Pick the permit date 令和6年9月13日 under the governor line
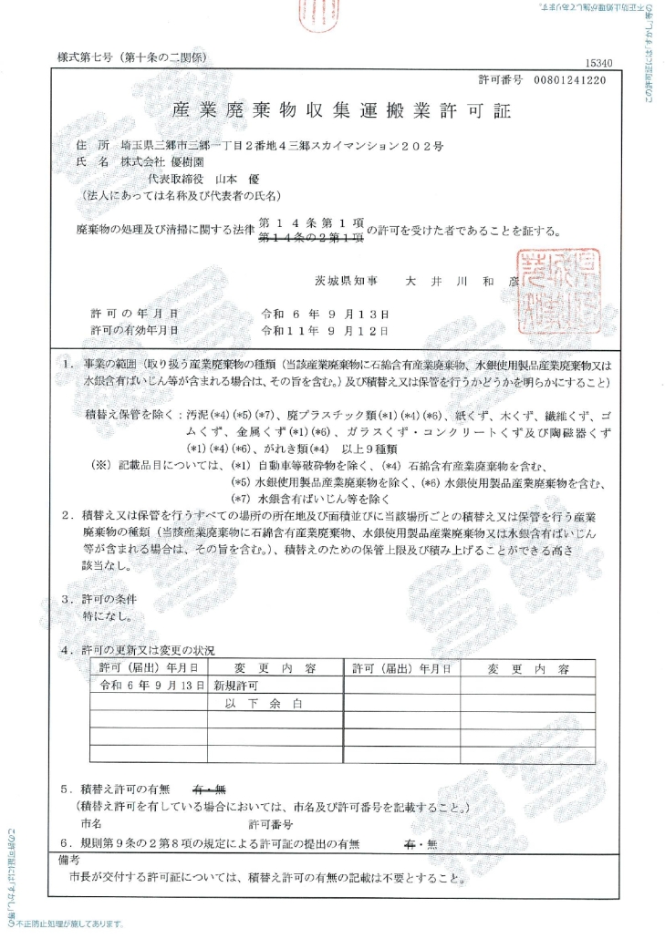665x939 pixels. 325,313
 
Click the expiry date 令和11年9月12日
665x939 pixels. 325,329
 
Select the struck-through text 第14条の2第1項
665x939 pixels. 311,238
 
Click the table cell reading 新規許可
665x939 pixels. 235,685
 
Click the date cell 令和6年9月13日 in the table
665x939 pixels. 150,685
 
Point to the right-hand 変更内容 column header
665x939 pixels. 527,668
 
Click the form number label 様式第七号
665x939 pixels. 83,57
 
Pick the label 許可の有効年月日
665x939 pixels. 133,329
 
